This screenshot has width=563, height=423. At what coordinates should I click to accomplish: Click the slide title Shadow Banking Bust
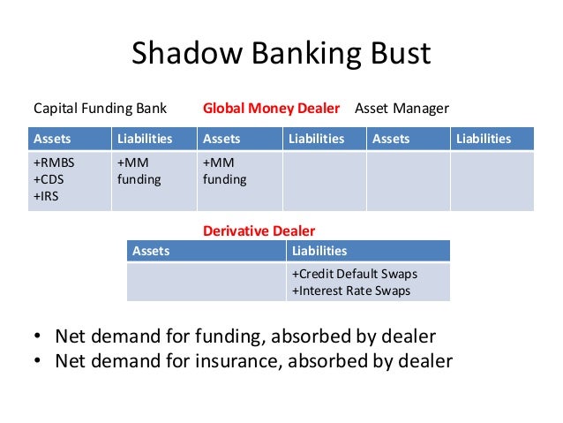point(281,55)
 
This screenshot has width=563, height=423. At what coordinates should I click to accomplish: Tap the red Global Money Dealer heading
point(271,109)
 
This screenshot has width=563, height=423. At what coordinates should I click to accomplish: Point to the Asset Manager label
point(402,109)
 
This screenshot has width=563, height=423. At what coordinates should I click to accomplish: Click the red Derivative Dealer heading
point(259,230)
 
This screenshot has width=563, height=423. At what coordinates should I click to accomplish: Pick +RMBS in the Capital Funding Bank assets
point(52,163)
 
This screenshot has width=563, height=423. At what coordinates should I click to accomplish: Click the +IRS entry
point(46,195)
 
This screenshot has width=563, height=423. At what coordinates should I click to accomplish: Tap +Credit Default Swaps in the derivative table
point(355,274)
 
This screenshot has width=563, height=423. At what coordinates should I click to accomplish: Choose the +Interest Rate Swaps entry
point(351,291)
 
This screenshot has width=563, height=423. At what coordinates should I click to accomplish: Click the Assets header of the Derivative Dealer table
point(151,251)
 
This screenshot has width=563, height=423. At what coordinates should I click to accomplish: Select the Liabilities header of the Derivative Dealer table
point(319,251)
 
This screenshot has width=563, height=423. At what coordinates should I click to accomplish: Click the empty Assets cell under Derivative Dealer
point(206,282)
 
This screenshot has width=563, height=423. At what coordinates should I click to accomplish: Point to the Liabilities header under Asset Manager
point(484,139)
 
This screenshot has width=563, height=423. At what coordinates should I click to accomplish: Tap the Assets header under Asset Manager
point(391,139)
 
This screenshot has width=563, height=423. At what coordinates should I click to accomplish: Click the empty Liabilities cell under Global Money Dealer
point(323,181)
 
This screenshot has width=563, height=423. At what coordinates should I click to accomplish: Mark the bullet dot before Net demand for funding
point(37,337)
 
